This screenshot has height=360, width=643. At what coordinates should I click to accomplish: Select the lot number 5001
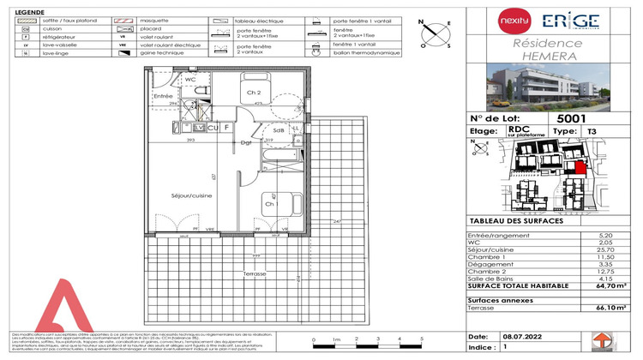(572, 119)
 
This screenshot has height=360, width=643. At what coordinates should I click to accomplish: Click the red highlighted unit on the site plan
(580, 168)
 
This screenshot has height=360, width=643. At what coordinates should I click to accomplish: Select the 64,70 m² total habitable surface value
(608, 285)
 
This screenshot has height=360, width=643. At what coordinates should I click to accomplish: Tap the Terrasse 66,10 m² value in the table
(608, 307)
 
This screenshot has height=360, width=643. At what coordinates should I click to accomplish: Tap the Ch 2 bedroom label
(254, 92)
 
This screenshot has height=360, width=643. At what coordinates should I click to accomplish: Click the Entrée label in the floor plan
(162, 96)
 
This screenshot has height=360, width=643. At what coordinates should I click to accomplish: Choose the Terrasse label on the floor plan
(255, 273)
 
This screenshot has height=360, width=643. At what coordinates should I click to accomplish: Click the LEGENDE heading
(30, 11)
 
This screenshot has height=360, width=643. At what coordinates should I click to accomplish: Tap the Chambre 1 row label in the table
(485, 255)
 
